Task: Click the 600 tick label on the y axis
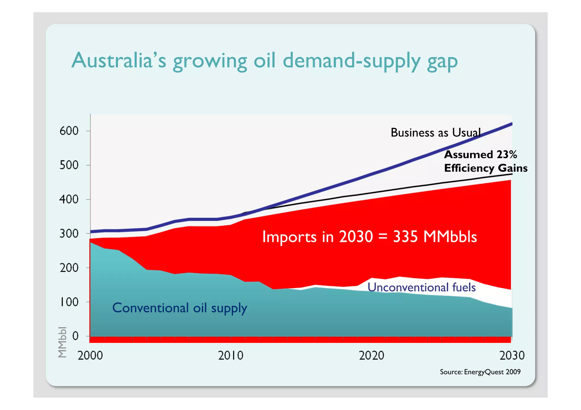[69, 131]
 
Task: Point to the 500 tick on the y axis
[69, 165]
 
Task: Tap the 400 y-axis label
[69, 199]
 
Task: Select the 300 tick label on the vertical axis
[69, 234]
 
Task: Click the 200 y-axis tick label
[69, 268]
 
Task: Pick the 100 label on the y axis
[69, 302]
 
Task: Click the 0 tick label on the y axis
[75, 336]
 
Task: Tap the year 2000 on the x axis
[90, 355]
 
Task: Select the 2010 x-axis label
[231, 355]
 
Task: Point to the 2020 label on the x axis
[371, 355]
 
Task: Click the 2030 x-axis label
[512, 355]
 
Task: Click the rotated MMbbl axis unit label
[62, 342]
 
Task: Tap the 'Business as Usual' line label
[435, 133]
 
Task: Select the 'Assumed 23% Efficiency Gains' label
[485, 161]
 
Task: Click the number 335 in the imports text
[405, 237]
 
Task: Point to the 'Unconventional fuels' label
[422, 287]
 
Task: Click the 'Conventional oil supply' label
[180, 308]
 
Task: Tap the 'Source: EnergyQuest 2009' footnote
[480, 372]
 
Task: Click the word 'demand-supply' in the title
[351, 60]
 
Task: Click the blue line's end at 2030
[511, 124]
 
